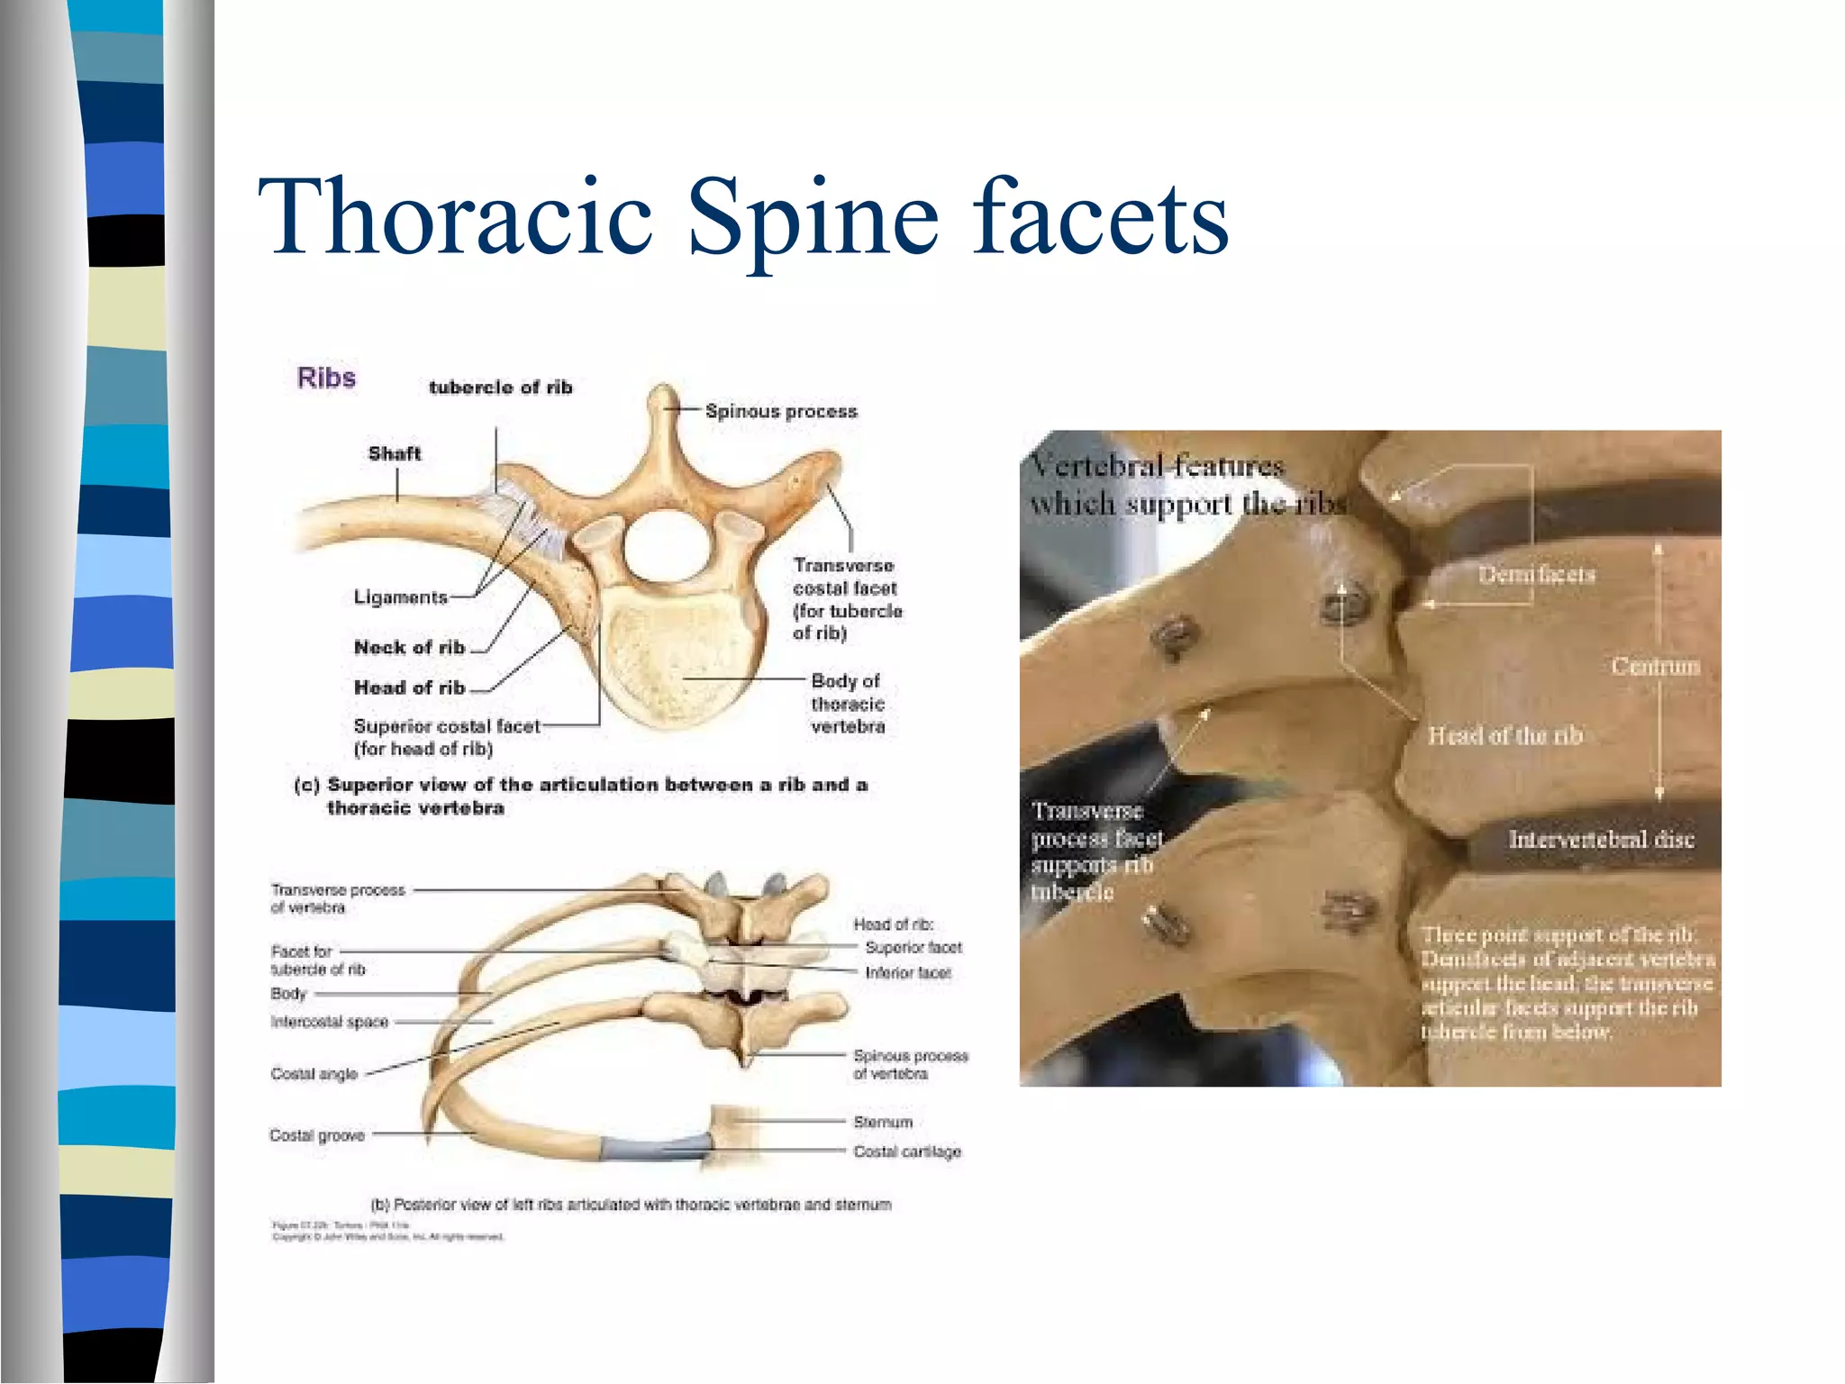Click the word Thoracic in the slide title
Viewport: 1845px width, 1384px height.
(456, 216)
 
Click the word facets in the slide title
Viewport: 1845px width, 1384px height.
(1100, 216)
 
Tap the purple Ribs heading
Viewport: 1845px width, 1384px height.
(326, 378)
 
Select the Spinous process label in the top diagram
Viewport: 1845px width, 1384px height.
(781, 411)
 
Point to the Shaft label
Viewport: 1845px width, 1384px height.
(394, 453)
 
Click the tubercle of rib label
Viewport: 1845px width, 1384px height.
(500, 387)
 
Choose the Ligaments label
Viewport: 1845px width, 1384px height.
(400, 597)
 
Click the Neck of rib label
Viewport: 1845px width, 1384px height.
(409, 647)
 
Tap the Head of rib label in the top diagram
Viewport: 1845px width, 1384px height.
(409, 687)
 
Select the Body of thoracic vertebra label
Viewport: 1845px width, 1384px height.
(847, 704)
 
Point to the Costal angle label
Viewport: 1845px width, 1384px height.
(314, 1074)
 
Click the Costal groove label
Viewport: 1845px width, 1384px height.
(317, 1135)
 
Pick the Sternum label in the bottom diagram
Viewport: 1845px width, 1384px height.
(883, 1122)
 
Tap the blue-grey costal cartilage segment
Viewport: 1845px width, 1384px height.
(656, 1148)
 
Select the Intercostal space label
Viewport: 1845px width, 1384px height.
(329, 1022)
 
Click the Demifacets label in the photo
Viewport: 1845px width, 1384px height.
(1536, 574)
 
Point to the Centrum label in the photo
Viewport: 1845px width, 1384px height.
(1655, 666)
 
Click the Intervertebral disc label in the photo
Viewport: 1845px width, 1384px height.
(1601, 840)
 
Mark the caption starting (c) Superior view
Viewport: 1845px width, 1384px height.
(581, 795)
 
